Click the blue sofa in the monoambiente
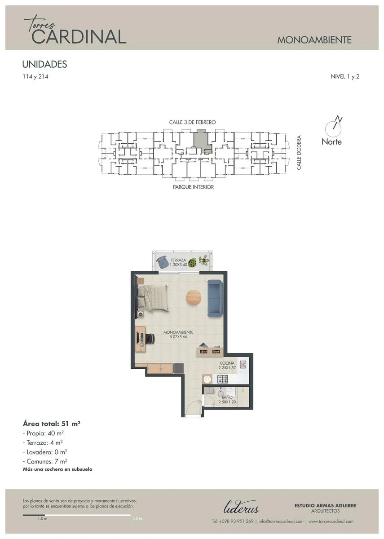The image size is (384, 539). (x=215, y=298)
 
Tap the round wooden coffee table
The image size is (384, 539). (x=194, y=298)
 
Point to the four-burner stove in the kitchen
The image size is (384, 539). (x=223, y=379)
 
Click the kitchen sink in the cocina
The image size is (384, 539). (x=243, y=364)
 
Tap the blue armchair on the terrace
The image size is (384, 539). (x=163, y=262)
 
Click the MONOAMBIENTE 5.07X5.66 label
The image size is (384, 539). (x=178, y=335)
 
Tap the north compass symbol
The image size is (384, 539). (x=333, y=127)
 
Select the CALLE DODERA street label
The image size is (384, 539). (x=299, y=153)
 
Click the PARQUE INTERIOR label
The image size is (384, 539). (x=193, y=187)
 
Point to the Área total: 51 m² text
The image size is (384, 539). (x=52, y=424)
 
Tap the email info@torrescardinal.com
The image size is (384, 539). (x=281, y=521)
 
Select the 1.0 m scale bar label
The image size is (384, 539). (x=42, y=518)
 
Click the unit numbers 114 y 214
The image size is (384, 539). (x=35, y=76)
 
